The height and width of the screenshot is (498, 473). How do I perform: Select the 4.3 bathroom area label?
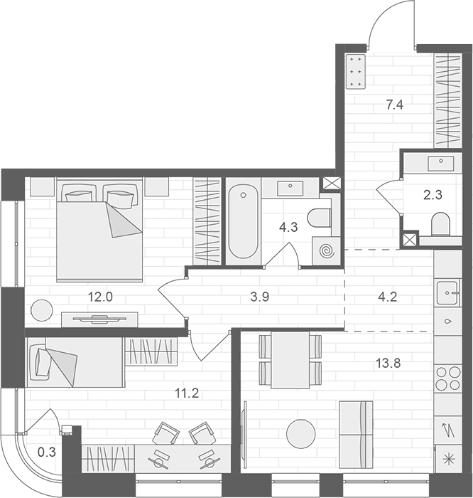tap(288, 229)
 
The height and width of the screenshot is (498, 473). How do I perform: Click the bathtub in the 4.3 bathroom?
tap(244, 221)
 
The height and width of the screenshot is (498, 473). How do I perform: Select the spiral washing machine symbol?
tap(327, 250)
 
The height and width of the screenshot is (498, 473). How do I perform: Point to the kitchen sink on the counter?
tap(447, 291)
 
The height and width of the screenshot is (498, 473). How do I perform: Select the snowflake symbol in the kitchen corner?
tap(447, 460)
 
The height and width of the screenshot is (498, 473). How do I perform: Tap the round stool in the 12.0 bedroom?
tap(42, 311)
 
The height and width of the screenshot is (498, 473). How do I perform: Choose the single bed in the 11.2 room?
tap(75, 363)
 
